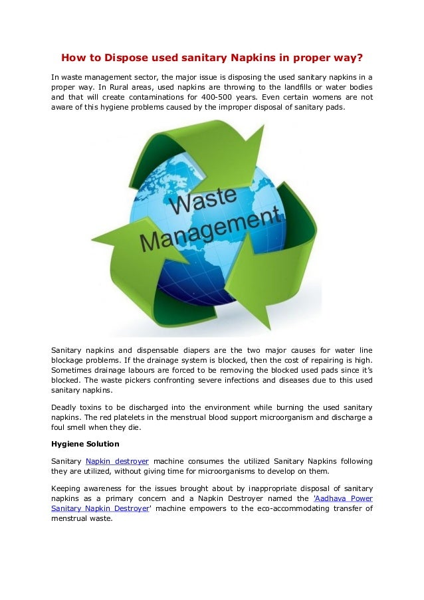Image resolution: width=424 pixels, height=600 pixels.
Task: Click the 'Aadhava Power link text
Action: [343, 498]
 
